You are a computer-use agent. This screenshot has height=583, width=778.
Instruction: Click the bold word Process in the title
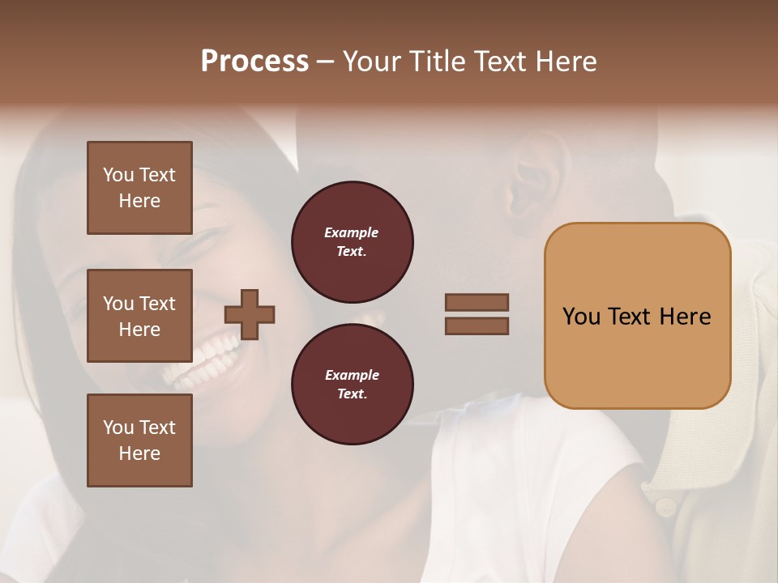(254, 62)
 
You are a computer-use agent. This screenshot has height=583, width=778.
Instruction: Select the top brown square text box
(139, 188)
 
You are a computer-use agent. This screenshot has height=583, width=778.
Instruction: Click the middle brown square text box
(139, 316)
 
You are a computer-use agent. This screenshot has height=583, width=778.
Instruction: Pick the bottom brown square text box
(139, 440)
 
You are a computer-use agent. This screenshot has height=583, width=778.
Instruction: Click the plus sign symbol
(250, 314)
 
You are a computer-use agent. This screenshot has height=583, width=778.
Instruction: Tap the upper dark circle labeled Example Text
(353, 242)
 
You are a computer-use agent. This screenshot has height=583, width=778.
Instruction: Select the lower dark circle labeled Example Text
(353, 385)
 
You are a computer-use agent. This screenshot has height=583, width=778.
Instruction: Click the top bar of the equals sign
(477, 303)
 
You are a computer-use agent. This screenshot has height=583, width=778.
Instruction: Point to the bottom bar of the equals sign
(477, 326)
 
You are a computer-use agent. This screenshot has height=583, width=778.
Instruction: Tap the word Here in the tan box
(685, 317)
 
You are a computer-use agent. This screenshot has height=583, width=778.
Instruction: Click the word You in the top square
(118, 175)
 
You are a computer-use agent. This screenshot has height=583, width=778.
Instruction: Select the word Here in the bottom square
(139, 453)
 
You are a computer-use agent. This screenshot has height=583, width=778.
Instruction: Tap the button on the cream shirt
(665, 508)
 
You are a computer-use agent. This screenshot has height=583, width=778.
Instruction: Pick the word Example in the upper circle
(352, 233)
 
